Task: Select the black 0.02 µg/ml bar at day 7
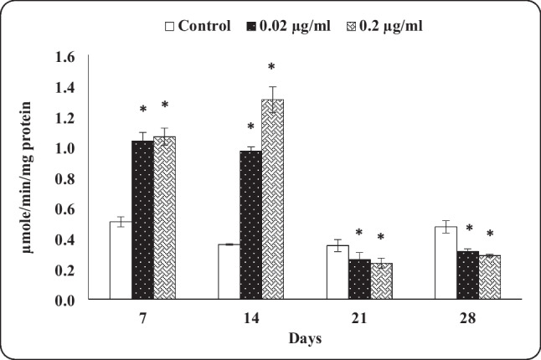142,220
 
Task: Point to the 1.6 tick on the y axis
75,57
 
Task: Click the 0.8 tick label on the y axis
75,178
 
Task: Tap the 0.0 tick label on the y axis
75,300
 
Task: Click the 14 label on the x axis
250,318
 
